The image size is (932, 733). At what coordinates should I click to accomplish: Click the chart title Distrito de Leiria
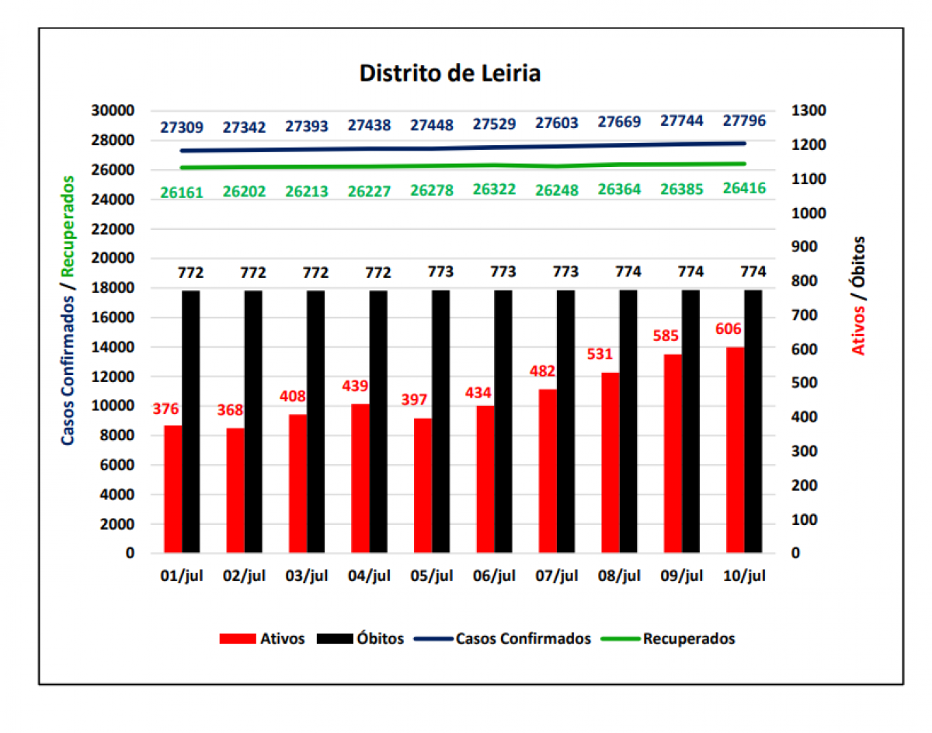pyautogui.click(x=450, y=73)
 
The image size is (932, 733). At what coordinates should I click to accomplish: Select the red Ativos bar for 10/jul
pyautogui.click(x=735, y=450)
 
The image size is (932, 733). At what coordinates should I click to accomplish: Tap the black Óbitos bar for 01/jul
pyautogui.click(x=191, y=421)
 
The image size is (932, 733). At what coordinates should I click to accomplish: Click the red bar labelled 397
pyautogui.click(x=423, y=485)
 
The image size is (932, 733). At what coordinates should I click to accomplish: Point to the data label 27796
pyautogui.click(x=744, y=121)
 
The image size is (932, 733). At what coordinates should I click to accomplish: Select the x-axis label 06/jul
pyautogui.click(x=494, y=576)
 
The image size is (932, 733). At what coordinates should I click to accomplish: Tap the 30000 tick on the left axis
pyautogui.click(x=113, y=111)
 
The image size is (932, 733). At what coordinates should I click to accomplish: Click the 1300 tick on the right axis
pyautogui.click(x=809, y=111)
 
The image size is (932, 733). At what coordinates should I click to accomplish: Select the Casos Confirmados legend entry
pyautogui.click(x=523, y=639)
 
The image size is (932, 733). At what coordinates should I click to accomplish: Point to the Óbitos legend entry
pyautogui.click(x=381, y=639)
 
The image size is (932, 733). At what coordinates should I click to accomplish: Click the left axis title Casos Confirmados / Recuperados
pyautogui.click(x=69, y=310)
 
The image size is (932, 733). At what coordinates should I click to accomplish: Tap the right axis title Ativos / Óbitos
pyautogui.click(x=858, y=296)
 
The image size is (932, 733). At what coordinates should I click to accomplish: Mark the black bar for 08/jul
pyautogui.click(x=628, y=421)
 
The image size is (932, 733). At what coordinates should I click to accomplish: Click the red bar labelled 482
pyautogui.click(x=548, y=471)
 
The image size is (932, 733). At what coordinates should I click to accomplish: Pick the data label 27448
pyautogui.click(x=432, y=125)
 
